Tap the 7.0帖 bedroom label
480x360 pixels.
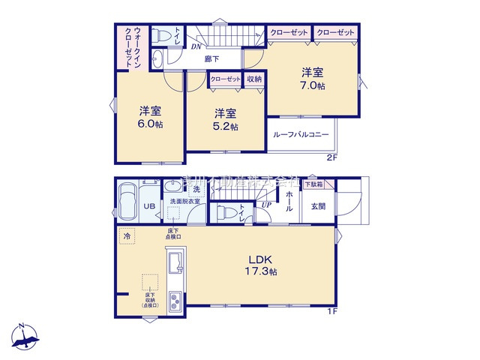point(313,79)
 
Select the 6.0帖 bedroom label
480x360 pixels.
point(150,118)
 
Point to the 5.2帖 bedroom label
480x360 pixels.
point(226,120)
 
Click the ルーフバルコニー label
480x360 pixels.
point(301,134)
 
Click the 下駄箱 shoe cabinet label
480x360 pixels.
point(313,184)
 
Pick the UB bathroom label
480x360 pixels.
point(149,206)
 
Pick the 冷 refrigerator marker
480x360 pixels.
point(126,235)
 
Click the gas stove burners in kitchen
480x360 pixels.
point(175,303)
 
